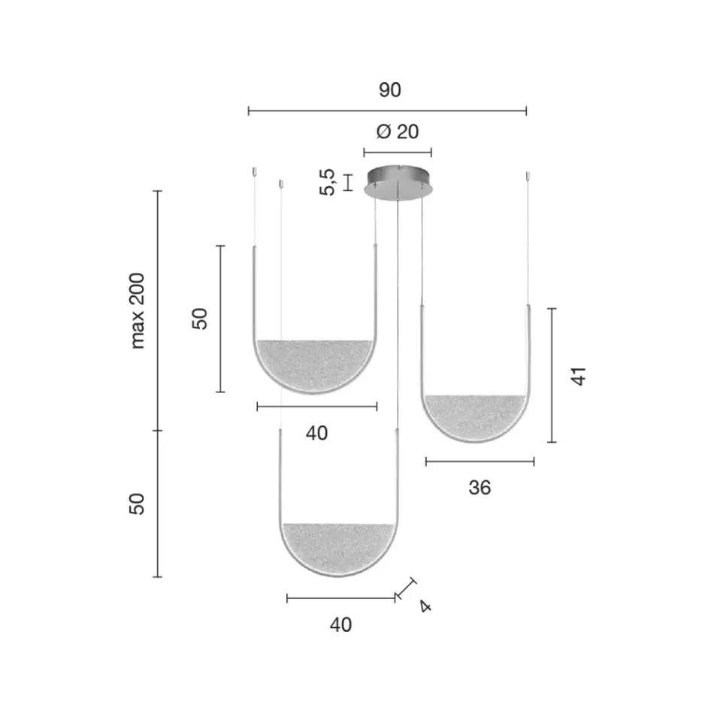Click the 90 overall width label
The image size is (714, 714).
389,90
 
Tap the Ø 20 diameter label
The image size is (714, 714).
397,132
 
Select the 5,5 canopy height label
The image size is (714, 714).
328,182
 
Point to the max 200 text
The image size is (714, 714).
138,310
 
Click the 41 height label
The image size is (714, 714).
577,376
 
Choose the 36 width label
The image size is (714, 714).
479,488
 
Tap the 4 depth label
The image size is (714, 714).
425,606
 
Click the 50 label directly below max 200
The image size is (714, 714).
138,504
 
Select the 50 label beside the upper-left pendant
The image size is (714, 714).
200,319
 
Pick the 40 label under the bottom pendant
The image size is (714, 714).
340,625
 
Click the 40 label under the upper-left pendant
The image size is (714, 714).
316,433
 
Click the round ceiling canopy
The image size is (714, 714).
398,182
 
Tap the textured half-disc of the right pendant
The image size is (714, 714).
474,416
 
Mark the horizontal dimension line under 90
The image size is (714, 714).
387,111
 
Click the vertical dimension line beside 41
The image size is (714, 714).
552,375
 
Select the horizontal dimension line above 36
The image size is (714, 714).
480,461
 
